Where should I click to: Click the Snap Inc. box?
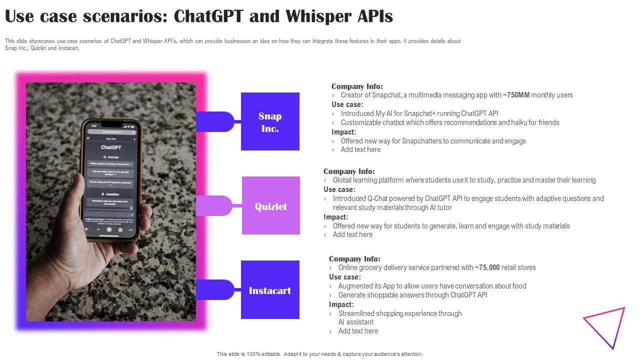point(270,121)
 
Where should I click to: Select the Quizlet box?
point(271,205)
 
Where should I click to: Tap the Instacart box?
point(270,290)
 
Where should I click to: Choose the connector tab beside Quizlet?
point(215,205)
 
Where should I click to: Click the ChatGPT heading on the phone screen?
point(111,147)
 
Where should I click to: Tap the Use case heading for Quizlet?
point(339,189)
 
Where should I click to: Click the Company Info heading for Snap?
point(357,86)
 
